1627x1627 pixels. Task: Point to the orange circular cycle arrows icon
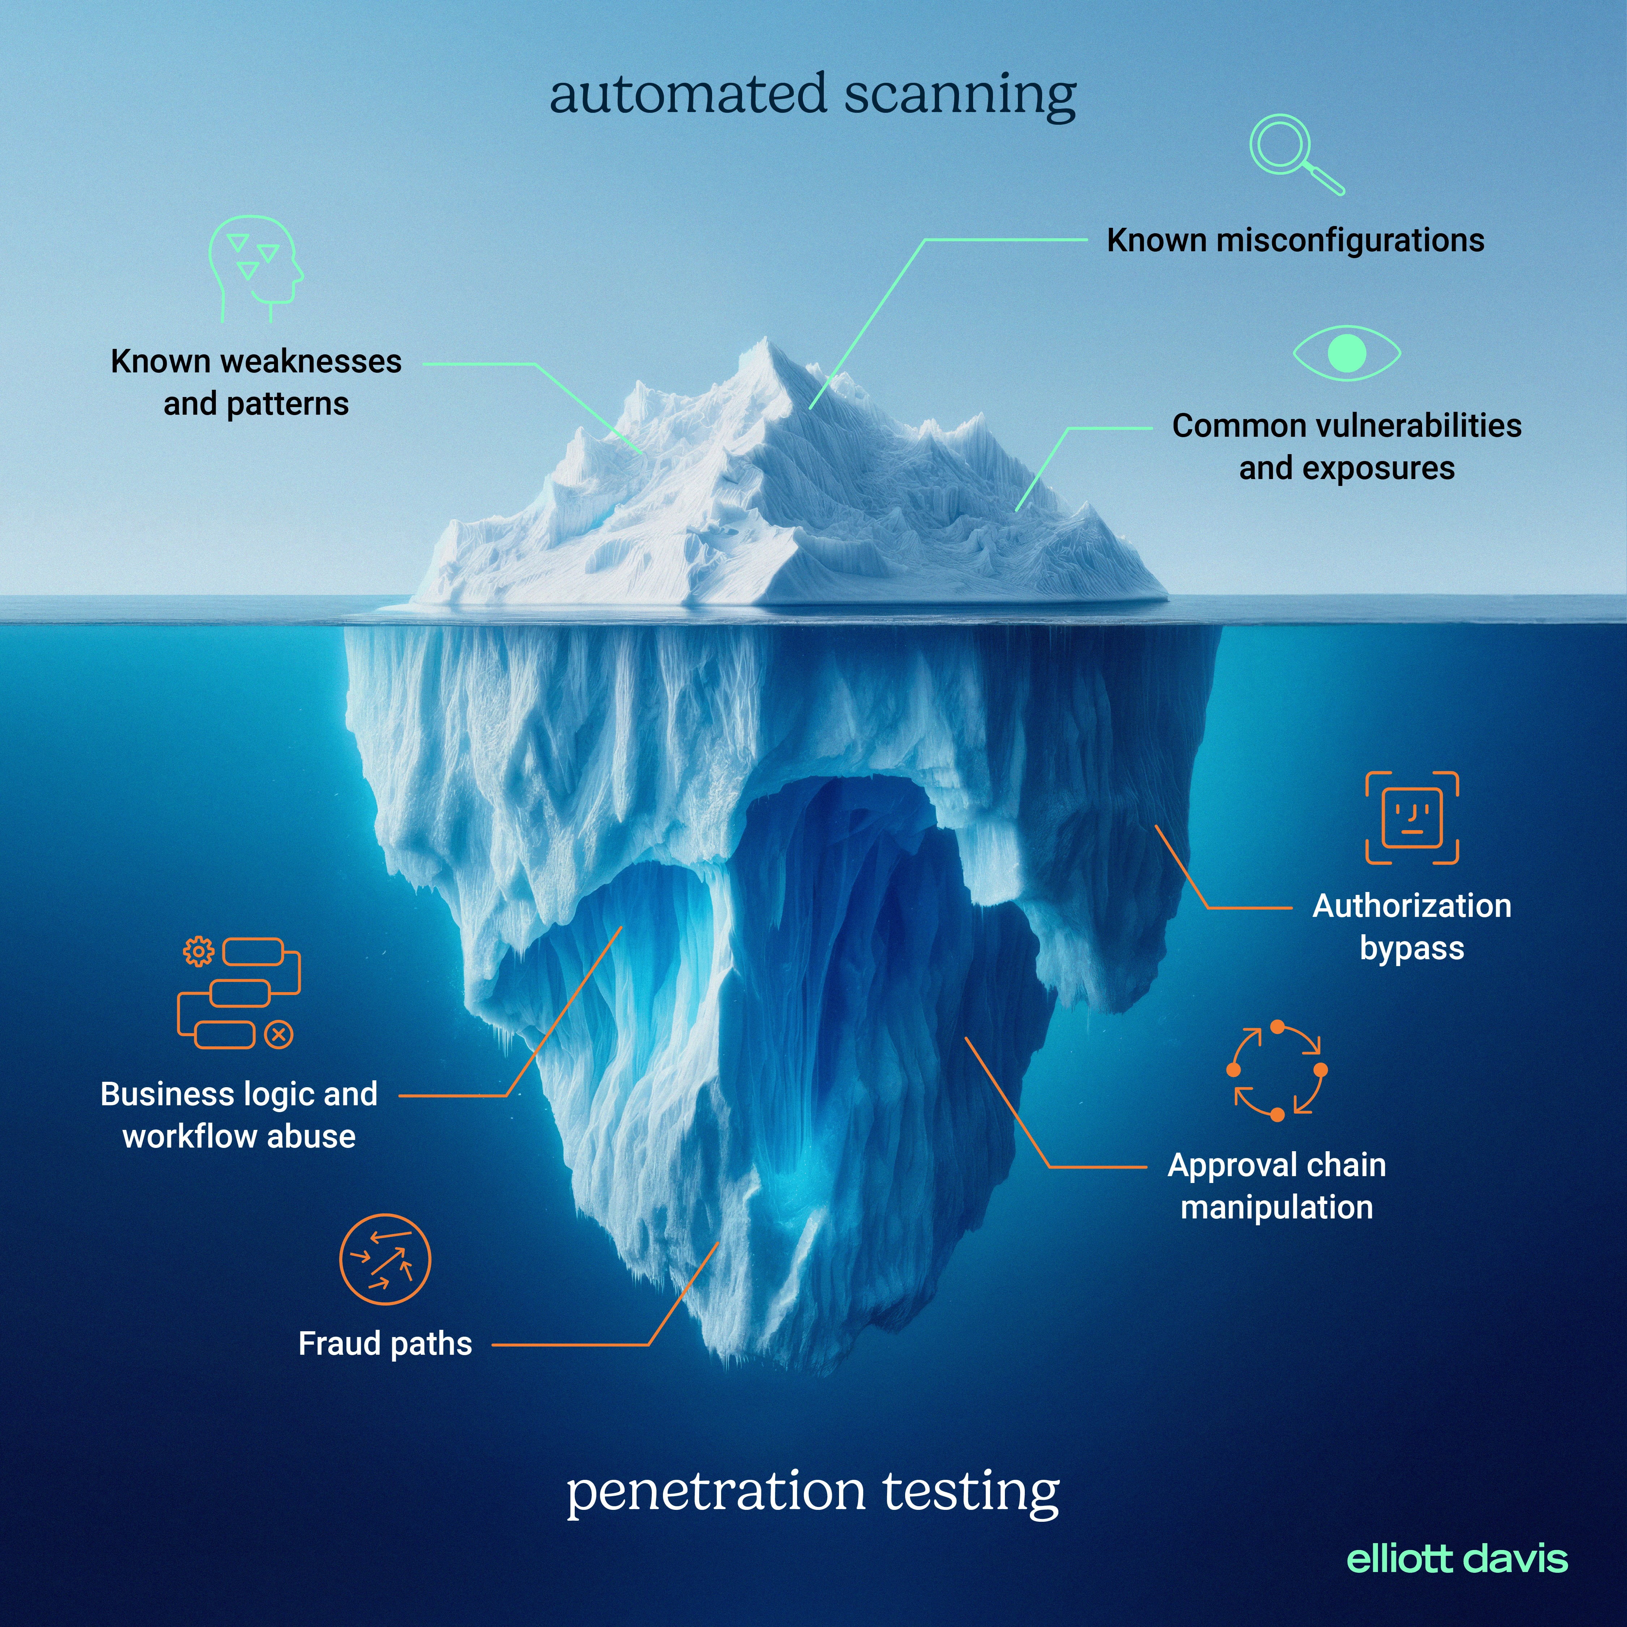tap(1277, 1070)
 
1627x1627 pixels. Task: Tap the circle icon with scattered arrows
tap(385, 1260)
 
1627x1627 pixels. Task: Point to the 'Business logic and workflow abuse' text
tap(239, 1115)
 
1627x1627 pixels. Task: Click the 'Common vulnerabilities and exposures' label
tap(1346, 446)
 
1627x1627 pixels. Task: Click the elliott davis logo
tap(1457, 1560)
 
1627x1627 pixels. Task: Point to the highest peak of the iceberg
tap(765, 341)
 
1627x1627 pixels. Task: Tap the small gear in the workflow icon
tap(199, 952)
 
